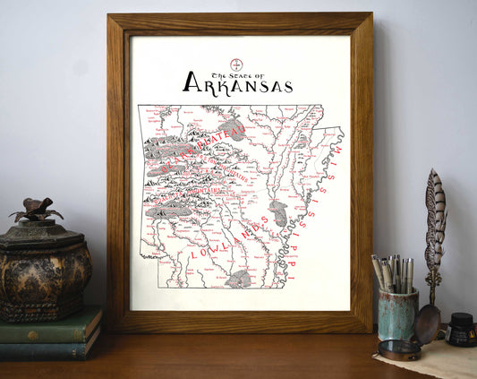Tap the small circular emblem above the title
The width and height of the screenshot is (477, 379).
[237, 64]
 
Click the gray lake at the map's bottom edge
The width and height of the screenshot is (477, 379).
[238, 280]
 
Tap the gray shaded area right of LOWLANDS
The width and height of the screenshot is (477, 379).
[278, 213]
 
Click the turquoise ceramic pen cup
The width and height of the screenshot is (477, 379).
[396, 313]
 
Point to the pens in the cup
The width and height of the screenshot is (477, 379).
[392, 272]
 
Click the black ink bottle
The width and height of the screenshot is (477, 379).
[462, 329]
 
